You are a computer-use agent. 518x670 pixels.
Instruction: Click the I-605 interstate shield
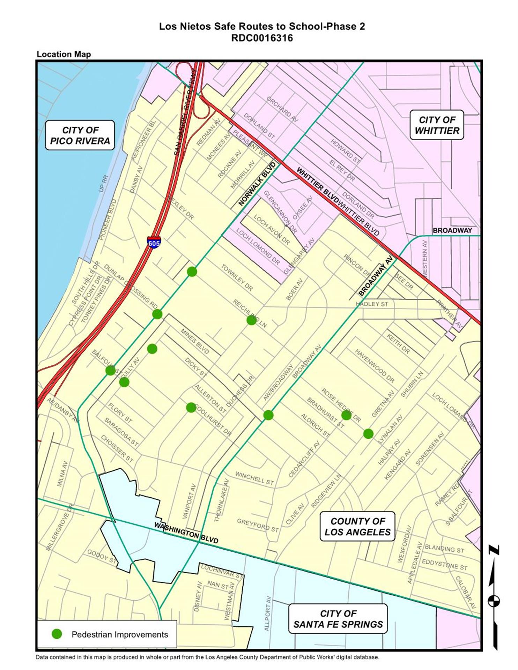coord(154,242)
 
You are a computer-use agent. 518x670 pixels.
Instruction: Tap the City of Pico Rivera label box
coord(80,135)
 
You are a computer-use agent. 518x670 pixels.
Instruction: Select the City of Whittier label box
coord(437,125)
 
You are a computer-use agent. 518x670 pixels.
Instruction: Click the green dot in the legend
coord(57,634)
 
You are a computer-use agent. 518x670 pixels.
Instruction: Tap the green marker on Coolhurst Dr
coord(191,407)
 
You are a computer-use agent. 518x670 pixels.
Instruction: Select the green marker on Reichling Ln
coord(251,320)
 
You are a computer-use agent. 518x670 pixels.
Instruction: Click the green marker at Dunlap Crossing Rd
coord(157,314)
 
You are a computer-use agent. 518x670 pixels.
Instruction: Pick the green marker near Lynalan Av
coord(368,434)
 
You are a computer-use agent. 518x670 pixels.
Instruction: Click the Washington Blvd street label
coord(186,533)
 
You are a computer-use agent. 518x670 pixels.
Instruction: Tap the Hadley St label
coord(372,304)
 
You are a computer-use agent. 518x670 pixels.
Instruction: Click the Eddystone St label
coord(444,564)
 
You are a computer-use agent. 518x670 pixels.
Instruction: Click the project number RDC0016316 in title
coord(262,38)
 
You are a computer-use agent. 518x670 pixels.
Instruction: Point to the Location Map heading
coord(64,54)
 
